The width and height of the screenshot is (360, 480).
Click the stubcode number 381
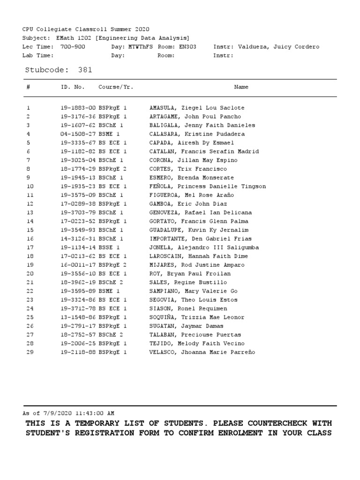(85, 70)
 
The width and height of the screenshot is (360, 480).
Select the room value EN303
(187, 47)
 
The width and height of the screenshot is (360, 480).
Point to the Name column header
(241, 87)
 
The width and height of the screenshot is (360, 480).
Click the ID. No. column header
(73, 87)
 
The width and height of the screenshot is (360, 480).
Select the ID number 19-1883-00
(78, 108)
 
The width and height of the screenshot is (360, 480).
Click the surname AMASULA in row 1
(163, 108)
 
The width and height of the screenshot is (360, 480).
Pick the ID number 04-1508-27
(78, 134)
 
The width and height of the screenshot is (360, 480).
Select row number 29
(30, 352)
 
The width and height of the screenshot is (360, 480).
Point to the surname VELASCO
(163, 352)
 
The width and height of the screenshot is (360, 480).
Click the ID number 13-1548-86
(78, 317)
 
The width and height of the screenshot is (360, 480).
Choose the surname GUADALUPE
(166, 230)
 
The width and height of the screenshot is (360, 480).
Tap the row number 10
(30, 187)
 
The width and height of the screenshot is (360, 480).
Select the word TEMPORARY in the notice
(86, 423)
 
